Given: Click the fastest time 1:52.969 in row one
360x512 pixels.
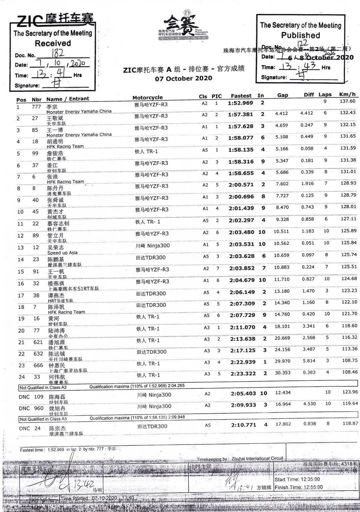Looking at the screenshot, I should pyautogui.click(x=241, y=103).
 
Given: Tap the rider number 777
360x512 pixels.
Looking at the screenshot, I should pyautogui.click(x=36, y=107).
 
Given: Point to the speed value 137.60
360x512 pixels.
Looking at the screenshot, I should pyautogui.click(x=348, y=101).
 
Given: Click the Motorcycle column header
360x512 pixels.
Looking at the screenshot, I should pyautogui.click(x=147, y=98).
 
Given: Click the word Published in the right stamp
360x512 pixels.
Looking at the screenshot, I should pyautogui.click(x=300, y=35).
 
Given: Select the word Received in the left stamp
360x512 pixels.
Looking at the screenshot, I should pyautogui.click(x=53, y=43).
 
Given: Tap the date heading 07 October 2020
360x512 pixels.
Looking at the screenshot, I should pyautogui.click(x=183, y=79).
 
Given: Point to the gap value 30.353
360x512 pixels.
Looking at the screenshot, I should pyautogui.click(x=283, y=373).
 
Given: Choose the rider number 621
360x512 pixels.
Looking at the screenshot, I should pyautogui.click(x=38, y=342).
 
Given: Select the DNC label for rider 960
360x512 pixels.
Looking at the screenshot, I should pyautogui.click(x=24, y=408).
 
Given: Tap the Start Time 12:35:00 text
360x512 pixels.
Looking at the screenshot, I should pyautogui.click(x=297, y=479).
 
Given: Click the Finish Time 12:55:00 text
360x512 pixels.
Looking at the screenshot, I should pyautogui.click(x=299, y=487).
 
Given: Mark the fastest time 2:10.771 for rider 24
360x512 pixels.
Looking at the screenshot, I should pyautogui.click(x=243, y=425).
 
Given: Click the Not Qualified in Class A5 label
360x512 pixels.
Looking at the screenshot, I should pyautogui.click(x=43, y=419).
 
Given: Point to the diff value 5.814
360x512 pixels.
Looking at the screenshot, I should pyautogui.click(x=309, y=361).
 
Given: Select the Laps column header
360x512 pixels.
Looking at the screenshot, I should pyautogui.click(x=325, y=95).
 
